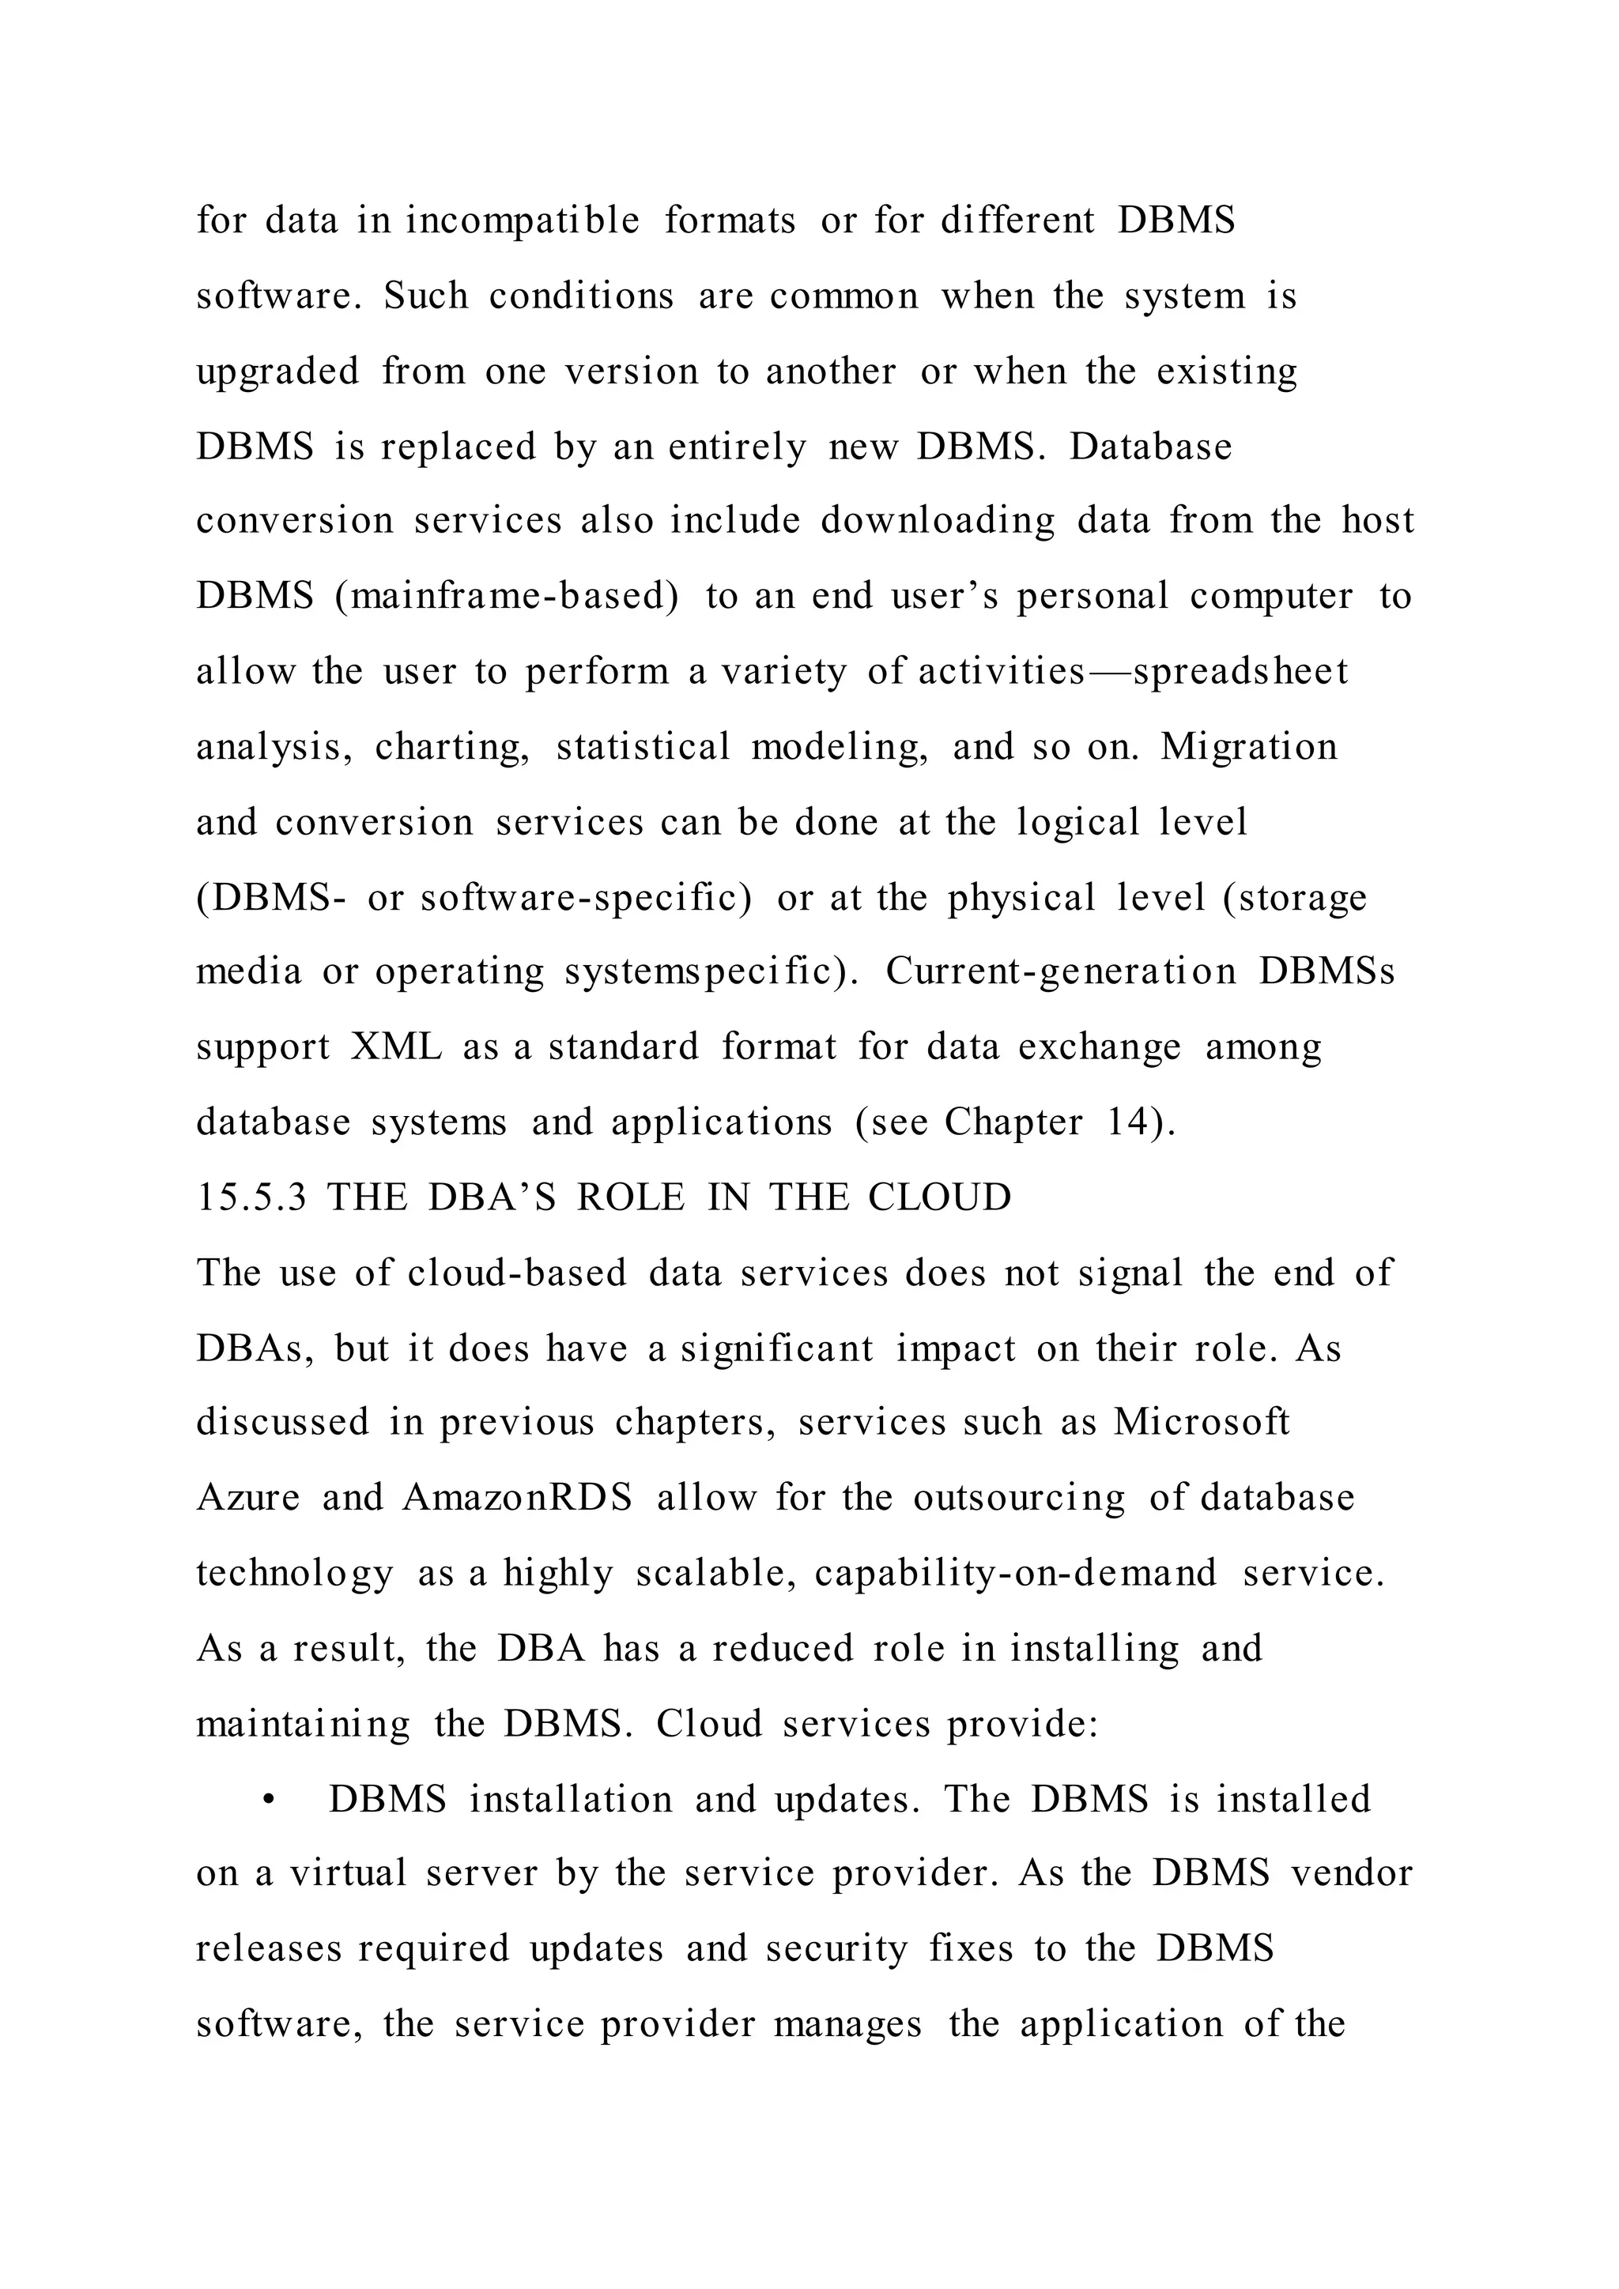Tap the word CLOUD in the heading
[x=939, y=1197]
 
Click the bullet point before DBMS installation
[x=268, y=1801]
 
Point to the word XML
[x=396, y=1046]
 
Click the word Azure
[x=247, y=1499]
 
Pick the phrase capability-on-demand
[x=1015, y=1573]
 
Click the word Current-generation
[x=1060, y=972]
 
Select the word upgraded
[x=277, y=371]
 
